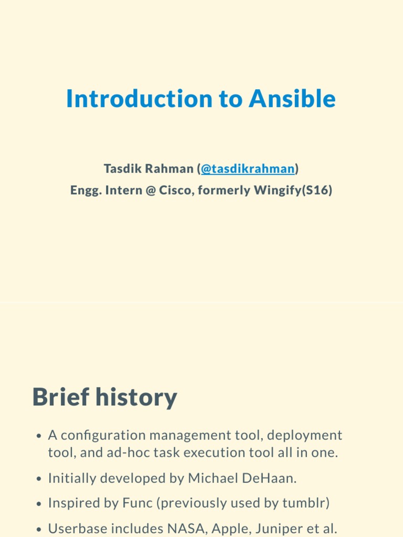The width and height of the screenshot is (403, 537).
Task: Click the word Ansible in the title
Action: click(x=292, y=99)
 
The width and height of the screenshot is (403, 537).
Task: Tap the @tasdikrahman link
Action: click(x=248, y=169)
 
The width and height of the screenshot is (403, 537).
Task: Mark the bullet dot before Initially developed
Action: click(x=39, y=479)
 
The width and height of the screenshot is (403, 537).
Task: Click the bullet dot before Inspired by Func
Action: click(x=39, y=504)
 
